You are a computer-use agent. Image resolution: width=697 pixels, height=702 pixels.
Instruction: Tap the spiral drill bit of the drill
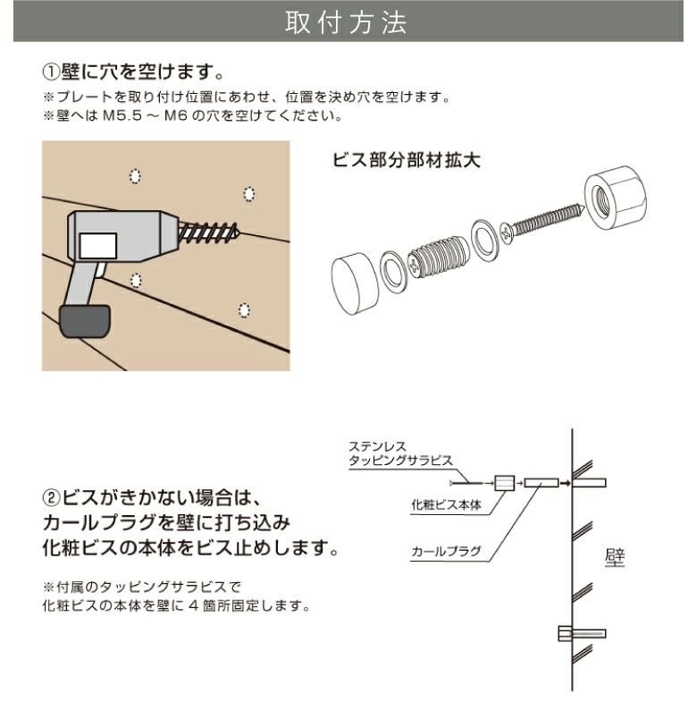tap(211, 234)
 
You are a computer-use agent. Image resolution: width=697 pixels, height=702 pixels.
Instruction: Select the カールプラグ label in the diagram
tap(441, 553)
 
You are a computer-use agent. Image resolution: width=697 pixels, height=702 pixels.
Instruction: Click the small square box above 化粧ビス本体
tap(503, 484)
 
